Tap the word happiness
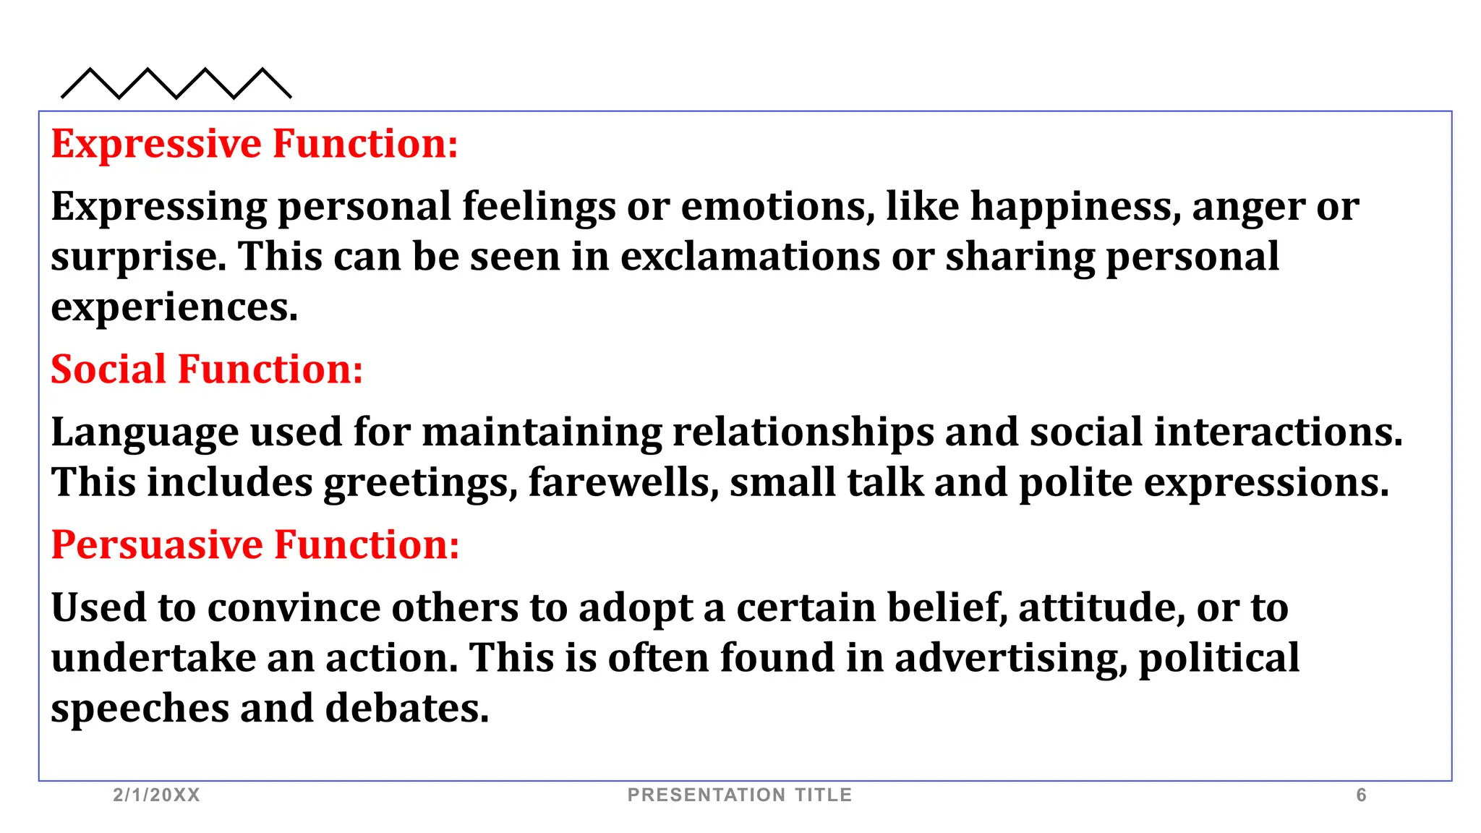click(x=1075, y=208)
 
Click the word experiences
click(x=174, y=308)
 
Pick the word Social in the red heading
click(x=108, y=369)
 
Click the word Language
click(x=145, y=433)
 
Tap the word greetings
click(x=420, y=483)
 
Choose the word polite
click(x=1075, y=483)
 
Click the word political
click(x=1219, y=659)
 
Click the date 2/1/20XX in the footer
click(x=156, y=795)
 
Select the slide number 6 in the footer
click(x=1361, y=795)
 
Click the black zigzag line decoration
click(x=176, y=84)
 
